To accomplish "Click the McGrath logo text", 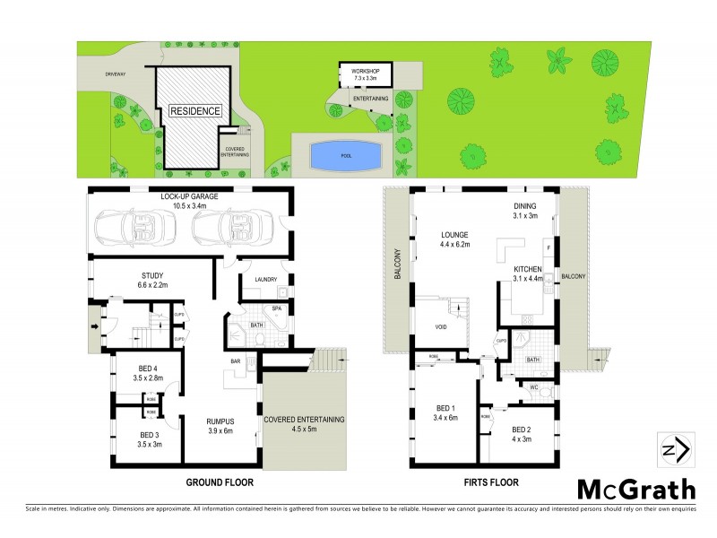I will click(x=635, y=489).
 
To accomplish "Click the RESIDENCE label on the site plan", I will click(x=195, y=111).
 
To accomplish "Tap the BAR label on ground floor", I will click(x=235, y=362).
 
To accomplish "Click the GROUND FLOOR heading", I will click(x=220, y=482).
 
